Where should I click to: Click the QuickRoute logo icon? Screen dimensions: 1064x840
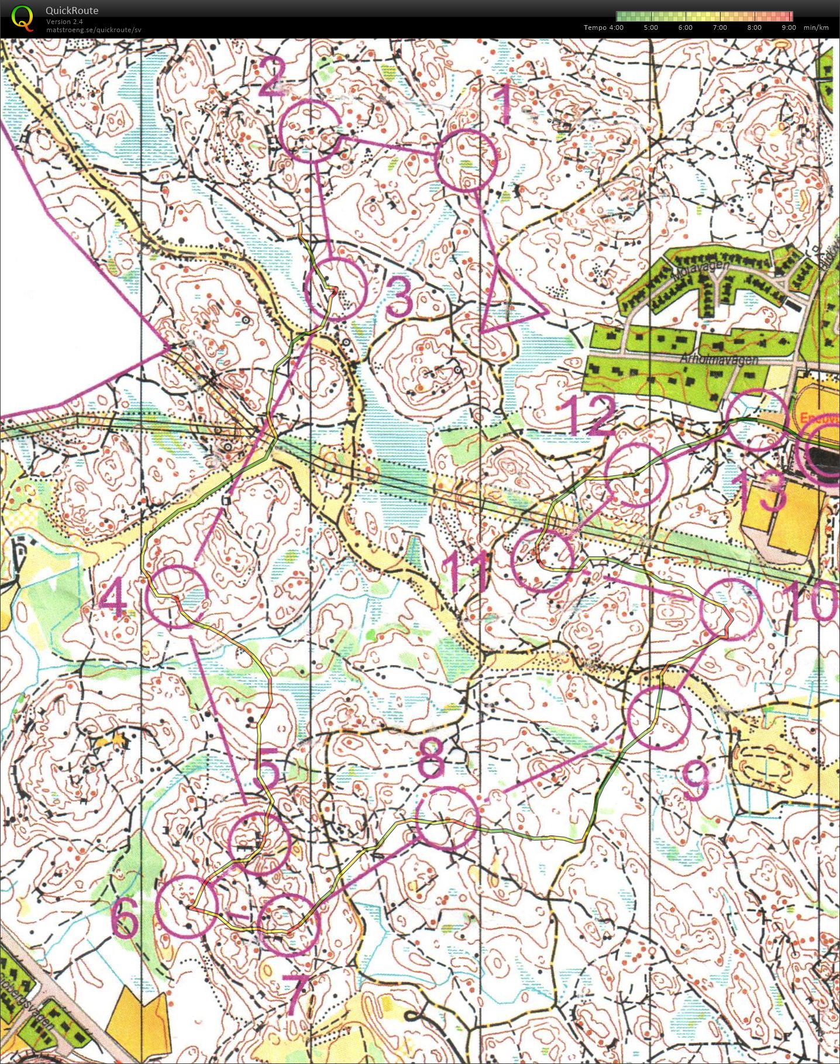(22, 16)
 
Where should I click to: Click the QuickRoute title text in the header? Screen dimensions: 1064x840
(72, 11)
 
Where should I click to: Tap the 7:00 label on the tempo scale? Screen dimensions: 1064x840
(719, 27)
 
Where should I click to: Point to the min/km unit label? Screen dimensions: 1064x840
(816, 27)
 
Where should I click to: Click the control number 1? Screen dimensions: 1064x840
(503, 104)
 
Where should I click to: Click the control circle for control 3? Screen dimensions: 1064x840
(336, 288)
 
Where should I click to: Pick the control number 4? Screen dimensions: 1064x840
(115, 601)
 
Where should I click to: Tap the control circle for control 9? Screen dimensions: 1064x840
(659, 718)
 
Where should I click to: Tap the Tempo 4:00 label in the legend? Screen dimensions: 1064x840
(603, 27)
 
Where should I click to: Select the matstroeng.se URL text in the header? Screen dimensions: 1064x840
(94, 30)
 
